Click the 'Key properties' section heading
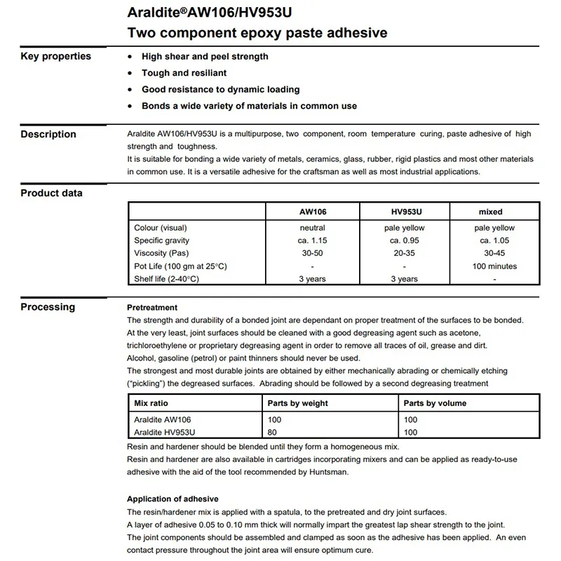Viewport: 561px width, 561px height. (x=55, y=56)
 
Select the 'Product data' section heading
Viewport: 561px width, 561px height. (x=51, y=193)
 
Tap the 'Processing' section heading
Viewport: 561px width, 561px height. (x=48, y=306)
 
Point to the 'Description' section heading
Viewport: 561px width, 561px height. (x=48, y=134)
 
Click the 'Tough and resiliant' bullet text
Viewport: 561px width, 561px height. (x=184, y=73)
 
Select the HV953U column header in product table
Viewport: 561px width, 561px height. (x=404, y=211)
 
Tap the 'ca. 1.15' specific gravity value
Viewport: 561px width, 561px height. (x=312, y=241)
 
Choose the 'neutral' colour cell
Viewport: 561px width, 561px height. (x=312, y=228)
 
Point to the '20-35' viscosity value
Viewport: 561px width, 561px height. (x=404, y=253)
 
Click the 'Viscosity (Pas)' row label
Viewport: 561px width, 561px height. (x=161, y=253)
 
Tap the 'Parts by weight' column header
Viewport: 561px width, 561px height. (x=298, y=403)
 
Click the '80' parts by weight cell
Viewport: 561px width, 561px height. (x=273, y=433)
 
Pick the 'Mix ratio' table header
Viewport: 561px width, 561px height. (x=151, y=403)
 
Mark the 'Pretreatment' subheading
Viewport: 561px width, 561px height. (x=152, y=307)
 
